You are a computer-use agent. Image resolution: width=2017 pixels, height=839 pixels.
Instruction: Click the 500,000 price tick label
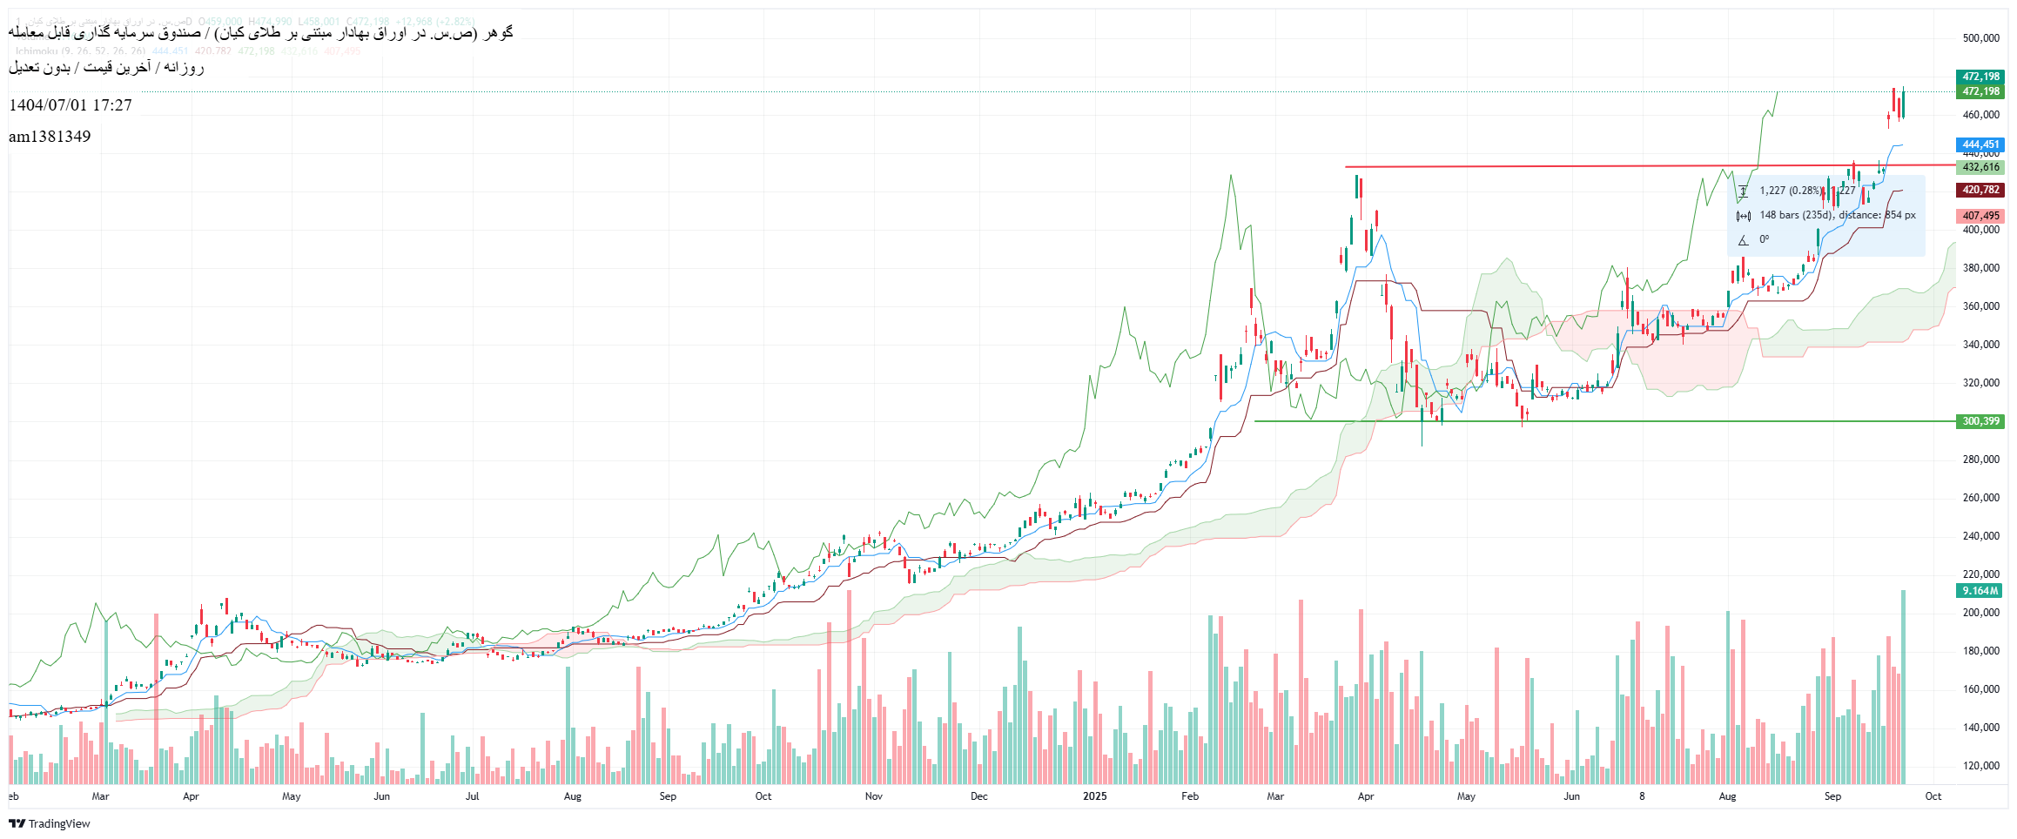1980,38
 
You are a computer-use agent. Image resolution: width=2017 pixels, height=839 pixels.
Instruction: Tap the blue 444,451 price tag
1980,144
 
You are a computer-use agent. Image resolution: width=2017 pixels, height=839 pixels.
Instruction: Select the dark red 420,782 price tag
1980,190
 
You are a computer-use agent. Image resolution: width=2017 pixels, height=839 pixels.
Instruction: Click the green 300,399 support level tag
1980,421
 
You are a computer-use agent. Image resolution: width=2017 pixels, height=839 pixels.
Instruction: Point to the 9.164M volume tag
1980,591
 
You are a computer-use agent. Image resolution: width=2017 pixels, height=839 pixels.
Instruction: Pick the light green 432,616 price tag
1980,167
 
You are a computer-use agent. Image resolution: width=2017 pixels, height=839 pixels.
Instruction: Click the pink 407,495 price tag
1980,216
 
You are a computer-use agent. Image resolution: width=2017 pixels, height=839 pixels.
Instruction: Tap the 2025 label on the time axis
1094,796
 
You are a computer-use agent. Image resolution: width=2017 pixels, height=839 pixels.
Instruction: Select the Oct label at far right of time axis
1933,796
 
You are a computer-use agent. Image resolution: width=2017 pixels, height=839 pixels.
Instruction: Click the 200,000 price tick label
1980,613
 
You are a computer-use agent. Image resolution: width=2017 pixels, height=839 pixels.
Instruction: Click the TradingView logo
50,823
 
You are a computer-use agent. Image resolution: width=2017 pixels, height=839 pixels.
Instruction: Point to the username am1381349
50,137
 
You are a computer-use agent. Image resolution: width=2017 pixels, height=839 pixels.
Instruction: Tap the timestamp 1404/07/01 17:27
71,105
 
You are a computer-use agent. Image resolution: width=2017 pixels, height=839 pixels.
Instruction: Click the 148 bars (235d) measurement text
1797,215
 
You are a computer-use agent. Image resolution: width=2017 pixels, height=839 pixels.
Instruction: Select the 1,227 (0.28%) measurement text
1790,191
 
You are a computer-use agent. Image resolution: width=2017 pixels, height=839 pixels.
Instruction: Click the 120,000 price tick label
1980,766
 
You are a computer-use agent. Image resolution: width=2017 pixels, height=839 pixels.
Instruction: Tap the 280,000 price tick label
1980,460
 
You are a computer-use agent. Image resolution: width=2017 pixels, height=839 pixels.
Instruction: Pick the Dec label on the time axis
978,796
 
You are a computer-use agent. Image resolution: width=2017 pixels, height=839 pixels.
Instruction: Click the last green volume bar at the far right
1903,688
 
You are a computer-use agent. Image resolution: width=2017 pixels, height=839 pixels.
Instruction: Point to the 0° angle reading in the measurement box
1764,239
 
